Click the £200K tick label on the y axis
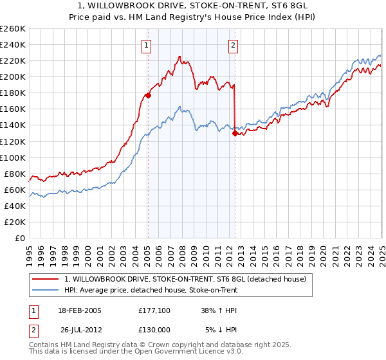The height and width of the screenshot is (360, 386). pyautogui.click(x=13, y=76)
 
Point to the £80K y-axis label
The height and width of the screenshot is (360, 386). pyautogui.click(x=15, y=174)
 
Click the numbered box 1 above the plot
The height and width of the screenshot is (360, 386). pyautogui.click(x=147, y=45)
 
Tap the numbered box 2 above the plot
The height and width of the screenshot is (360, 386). pyautogui.click(x=232, y=45)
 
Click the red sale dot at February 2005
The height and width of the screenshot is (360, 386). pyautogui.click(x=147, y=95)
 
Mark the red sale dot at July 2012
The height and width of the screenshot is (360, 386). pyautogui.click(x=235, y=133)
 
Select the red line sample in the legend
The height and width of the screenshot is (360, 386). pyautogui.click(x=45, y=279)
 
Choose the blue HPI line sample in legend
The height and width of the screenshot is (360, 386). pyautogui.click(x=45, y=291)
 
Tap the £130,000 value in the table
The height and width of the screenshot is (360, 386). pyautogui.click(x=154, y=330)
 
